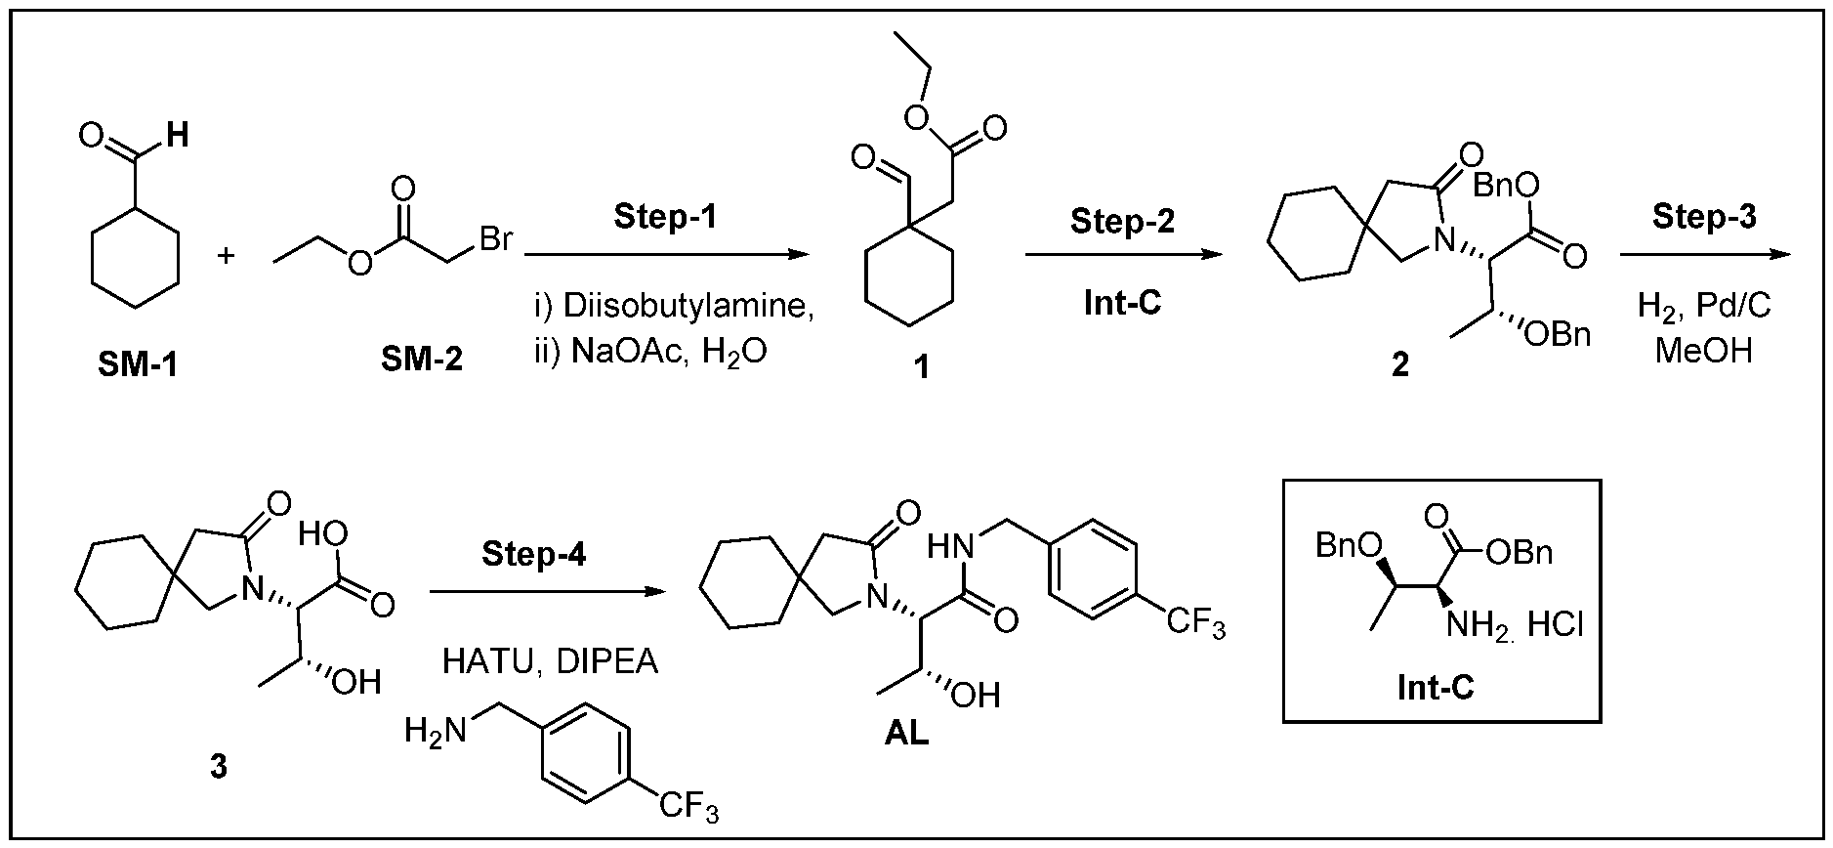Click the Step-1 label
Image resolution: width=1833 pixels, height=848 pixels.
(665, 217)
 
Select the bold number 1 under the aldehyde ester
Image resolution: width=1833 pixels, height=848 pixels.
(920, 368)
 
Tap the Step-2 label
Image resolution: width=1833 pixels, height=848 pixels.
(1122, 221)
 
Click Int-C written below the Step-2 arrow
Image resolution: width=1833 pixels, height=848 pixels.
(1122, 303)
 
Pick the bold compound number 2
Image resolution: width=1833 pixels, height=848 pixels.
(1400, 364)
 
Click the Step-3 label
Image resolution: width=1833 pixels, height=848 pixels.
(1704, 217)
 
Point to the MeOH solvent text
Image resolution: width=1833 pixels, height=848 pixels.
(1704, 349)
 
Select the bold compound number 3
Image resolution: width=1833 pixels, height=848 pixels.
(219, 768)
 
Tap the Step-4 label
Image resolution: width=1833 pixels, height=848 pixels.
(534, 554)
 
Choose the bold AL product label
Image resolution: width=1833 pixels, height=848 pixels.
(906, 733)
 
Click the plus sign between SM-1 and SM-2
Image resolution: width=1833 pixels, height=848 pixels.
(227, 257)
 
